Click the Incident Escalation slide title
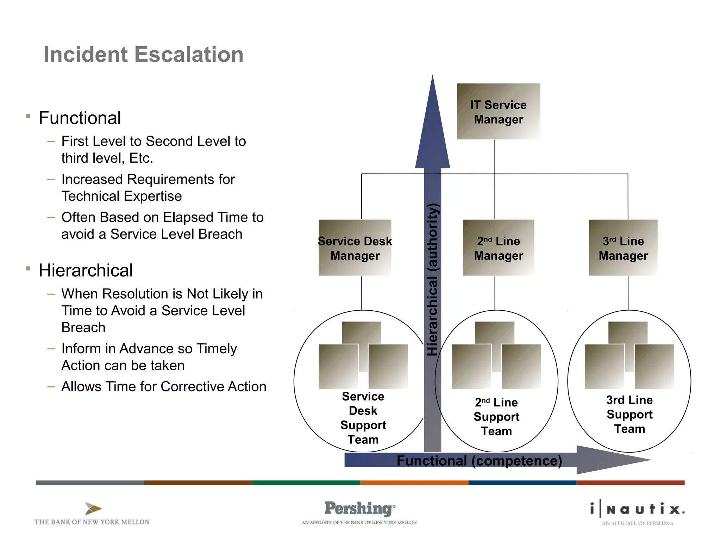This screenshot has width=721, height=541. click(x=143, y=55)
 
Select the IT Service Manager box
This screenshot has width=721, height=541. click(x=498, y=112)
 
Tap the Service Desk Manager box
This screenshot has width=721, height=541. click(x=355, y=248)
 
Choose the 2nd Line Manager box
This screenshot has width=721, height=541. click(x=498, y=248)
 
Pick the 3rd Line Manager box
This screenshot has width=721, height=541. click(x=623, y=248)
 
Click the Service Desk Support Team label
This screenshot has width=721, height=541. click(x=363, y=418)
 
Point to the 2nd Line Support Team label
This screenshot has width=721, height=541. click(x=496, y=417)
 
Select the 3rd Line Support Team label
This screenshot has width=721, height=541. click(x=629, y=414)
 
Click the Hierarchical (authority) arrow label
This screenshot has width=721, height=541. click(x=432, y=280)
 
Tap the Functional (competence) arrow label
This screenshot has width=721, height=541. click(x=479, y=461)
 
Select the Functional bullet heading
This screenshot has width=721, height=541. click(x=80, y=118)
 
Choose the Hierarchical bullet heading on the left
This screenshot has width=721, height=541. click(x=86, y=270)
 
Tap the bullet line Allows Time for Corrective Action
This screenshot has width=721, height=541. click(x=164, y=387)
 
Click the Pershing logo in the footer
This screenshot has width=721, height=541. click(x=359, y=509)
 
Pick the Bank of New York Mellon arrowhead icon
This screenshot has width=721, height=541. click(x=93, y=509)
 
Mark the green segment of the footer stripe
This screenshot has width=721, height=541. click(x=306, y=483)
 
